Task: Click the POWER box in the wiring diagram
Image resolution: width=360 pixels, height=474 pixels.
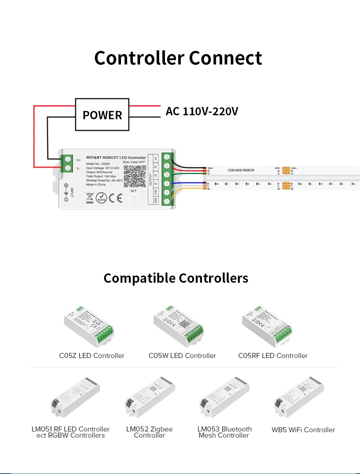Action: tap(102, 115)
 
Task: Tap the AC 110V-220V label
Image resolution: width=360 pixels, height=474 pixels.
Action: tap(202, 111)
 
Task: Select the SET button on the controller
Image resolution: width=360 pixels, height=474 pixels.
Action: tap(134, 198)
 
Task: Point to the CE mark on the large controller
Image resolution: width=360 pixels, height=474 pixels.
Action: tap(115, 198)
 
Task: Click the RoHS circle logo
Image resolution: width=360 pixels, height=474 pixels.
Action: tap(101, 198)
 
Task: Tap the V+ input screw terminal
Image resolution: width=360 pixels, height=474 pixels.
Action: tap(67, 160)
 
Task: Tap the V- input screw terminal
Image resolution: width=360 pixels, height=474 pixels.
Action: tap(67, 168)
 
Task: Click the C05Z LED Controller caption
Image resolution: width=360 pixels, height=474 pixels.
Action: tap(91, 356)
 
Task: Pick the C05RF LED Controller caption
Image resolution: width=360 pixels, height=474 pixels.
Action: tap(273, 356)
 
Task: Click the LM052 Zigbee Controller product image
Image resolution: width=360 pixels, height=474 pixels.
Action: tap(150, 398)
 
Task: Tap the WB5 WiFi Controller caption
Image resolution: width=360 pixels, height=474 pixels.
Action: tap(303, 430)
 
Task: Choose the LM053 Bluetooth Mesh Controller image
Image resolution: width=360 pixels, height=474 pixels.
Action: tap(224, 398)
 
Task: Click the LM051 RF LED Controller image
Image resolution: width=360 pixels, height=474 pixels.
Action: tap(75, 398)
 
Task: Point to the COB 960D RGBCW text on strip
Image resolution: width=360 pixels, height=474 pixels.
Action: tap(241, 170)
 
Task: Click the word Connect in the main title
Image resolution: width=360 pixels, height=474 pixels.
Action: tap(225, 58)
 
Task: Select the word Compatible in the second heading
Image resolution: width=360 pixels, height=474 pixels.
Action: tap(139, 278)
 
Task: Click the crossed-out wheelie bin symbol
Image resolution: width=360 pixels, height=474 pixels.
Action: tap(90, 197)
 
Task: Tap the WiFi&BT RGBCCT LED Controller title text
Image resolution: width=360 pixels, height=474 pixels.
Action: tap(116, 157)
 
